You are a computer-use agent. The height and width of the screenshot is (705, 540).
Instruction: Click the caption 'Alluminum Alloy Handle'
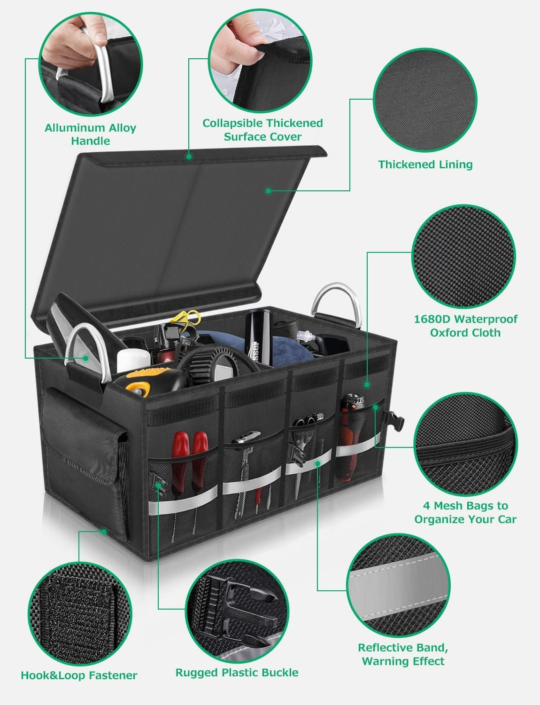tap(91, 134)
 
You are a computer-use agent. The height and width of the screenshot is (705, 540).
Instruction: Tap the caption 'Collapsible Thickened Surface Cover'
tap(262, 130)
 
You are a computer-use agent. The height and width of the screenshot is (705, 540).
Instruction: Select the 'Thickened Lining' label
tap(425, 164)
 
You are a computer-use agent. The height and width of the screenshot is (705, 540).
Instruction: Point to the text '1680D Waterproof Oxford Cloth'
tap(465, 326)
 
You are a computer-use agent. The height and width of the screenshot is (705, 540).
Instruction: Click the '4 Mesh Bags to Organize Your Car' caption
tap(465, 512)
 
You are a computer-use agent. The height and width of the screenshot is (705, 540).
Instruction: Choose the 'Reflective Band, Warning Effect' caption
tap(403, 654)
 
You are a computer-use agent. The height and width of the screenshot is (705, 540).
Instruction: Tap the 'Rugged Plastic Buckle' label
tap(237, 673)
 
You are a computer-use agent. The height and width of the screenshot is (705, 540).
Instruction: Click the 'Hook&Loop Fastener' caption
tap(79, 675)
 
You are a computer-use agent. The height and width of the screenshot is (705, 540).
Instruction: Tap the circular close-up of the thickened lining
tap(425, 100)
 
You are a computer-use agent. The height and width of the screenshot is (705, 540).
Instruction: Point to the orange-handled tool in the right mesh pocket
tap(352, 436)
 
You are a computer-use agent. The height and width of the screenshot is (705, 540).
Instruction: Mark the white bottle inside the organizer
tap(133, 360)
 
